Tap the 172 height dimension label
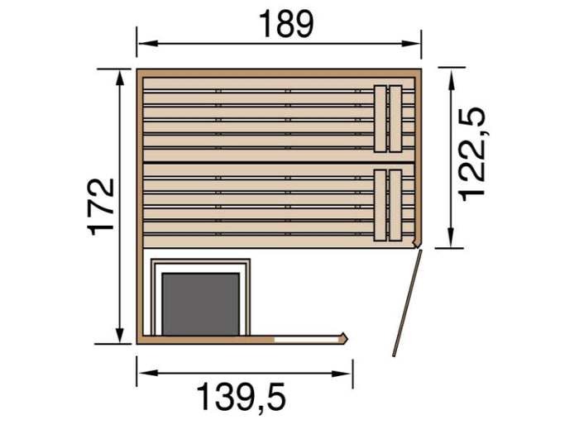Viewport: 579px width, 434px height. click(102, 206)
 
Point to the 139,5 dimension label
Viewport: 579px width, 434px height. click(241, 398)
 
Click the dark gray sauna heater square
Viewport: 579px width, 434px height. click(200, 303)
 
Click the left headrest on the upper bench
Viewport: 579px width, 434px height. click(380, 118)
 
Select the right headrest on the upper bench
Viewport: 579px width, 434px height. click(395, 118)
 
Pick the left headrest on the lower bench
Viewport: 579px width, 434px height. click(380, 205)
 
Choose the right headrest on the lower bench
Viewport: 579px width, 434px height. click(395, 205)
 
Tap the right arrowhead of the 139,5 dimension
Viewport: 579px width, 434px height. click(347, 372)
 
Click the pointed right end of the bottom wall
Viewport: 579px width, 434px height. click(345, 336)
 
